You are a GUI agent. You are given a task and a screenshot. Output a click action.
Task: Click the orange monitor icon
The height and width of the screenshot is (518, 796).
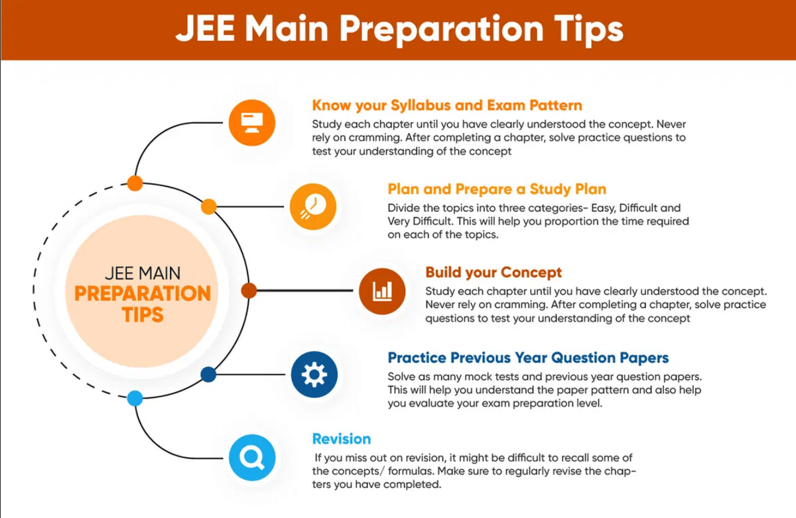click(252, 122)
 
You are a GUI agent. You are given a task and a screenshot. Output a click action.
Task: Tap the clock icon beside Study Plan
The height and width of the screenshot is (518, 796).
click(313, 206)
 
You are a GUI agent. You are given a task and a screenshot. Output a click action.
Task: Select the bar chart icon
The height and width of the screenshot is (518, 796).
click(382, 290)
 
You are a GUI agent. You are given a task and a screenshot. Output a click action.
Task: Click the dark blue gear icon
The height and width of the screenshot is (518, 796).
click(314, 375)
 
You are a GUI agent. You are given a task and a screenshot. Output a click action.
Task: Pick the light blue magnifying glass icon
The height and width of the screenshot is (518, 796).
click(252, 457)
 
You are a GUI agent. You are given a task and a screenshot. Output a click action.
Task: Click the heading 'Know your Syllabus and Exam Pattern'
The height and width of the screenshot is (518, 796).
click(447, 105)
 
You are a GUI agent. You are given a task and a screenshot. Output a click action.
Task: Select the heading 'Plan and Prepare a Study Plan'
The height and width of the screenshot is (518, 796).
click(497, 189)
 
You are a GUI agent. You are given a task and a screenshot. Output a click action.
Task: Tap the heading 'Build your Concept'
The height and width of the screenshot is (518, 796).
click(494, 273)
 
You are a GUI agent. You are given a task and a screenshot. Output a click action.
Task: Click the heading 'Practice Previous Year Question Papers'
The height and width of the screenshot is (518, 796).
click(528, 358)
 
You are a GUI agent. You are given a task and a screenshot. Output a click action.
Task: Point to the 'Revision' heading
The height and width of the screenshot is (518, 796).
click(342, 439)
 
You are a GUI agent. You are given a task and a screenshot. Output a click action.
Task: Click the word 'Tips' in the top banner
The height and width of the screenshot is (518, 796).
click(584, 30)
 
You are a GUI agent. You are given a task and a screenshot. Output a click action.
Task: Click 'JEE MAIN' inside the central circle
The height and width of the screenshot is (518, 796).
click(143, 273)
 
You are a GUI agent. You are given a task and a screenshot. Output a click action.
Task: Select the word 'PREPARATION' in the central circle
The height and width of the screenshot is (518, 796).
click(143, 293)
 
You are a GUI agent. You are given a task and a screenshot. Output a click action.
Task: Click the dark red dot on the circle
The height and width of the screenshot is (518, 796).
click(249, 291)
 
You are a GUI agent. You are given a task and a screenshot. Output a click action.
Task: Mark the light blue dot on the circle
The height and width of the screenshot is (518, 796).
click(135, 399)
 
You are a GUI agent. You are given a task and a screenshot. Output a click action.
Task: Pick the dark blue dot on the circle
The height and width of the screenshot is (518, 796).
click(208, 375)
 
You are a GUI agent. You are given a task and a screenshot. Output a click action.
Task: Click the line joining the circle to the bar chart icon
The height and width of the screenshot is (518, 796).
click(305, 291)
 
